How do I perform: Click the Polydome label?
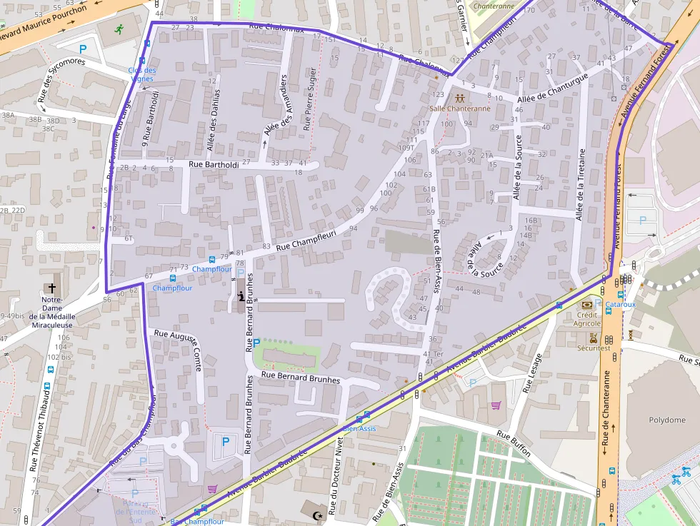tap(666, 420)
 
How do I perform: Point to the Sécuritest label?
tap(594, 348)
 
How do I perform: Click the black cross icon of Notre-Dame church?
tap(51, 287)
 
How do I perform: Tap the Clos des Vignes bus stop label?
tap(141, 74)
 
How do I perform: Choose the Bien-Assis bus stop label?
tap(359, 428)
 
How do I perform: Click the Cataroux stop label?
tap(620, 305)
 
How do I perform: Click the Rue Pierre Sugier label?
tap(309, 98)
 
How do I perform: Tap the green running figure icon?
tap(119, 30)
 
